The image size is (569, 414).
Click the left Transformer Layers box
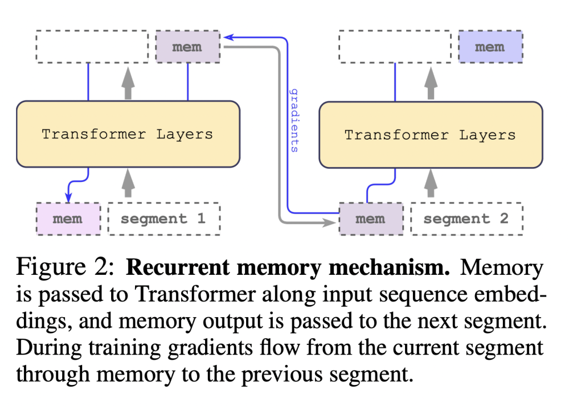tap(128, 134)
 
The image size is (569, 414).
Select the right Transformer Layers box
tap(430, 135)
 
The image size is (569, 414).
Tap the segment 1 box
tap(163, 219)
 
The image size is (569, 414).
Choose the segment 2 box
tap(466, 219)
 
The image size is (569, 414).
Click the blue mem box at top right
tap(490, 47)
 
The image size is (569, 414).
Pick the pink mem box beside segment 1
tap(68, 219)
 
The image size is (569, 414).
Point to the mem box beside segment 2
tap(370, 219)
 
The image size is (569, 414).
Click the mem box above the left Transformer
tap(187, 47)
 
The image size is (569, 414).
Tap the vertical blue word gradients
tap(295, 120)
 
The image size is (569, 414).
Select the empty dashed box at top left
tap(92, 47)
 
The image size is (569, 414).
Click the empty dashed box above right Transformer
tap(395, 47)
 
